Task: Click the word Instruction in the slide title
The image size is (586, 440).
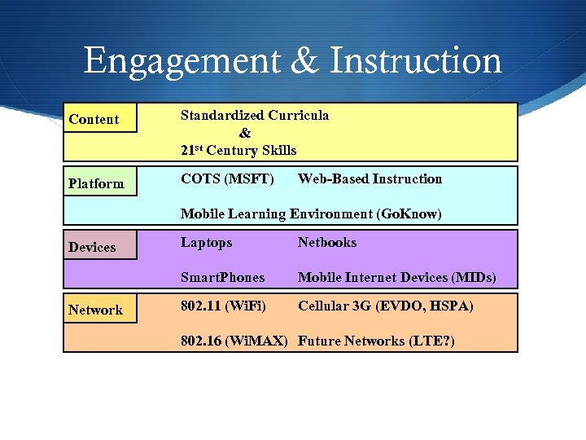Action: tap(416, 61)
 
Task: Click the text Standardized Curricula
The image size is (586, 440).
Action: tap(255, 116)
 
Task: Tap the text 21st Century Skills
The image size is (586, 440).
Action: tap(238, 150)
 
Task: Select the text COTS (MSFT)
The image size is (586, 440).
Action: tap(227, 179)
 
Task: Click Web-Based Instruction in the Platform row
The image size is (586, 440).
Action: tap(370, 179)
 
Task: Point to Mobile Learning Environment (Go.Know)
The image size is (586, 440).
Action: tap(311, 214)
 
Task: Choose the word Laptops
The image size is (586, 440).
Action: tap(206, 243)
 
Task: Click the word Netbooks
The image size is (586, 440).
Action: tap(327, 243)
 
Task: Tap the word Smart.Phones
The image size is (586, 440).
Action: tap(222, 278)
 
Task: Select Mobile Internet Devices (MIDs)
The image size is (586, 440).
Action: tap(396, 278)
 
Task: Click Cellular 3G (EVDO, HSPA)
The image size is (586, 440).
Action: tap(385, 306)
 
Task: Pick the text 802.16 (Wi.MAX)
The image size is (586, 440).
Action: tap(234, 341)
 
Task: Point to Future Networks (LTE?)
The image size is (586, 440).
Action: tap(376, 341)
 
